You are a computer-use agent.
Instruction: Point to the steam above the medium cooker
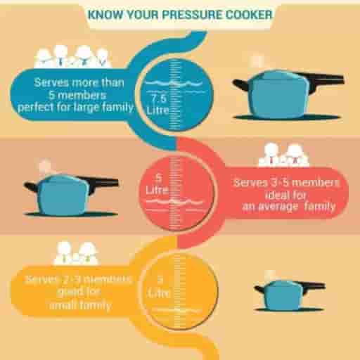46,167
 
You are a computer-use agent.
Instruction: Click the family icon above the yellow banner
76,252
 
